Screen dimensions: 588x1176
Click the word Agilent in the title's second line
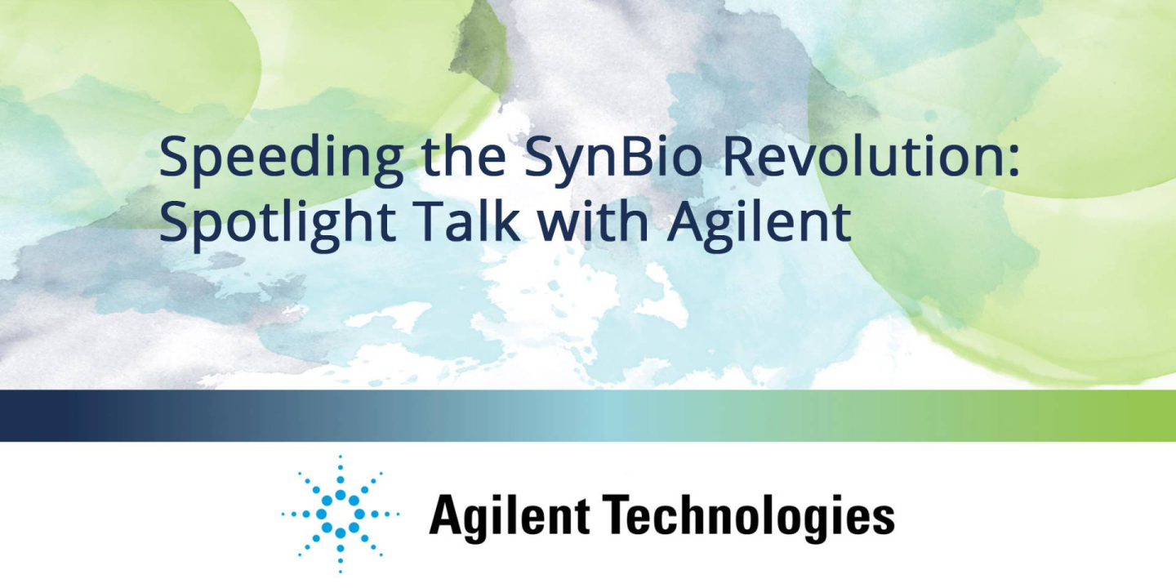[x=759, y=223]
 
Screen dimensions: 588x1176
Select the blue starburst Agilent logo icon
[x=341, y=514]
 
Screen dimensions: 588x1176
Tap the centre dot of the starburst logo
[x=341, y=514]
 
